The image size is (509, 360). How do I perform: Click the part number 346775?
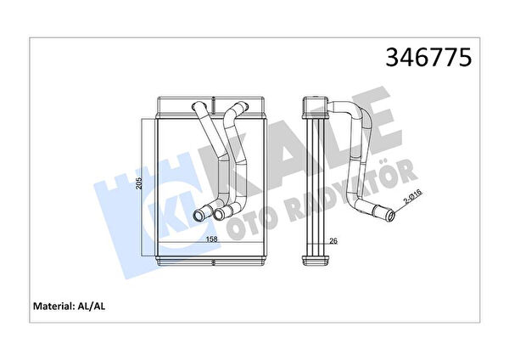point(428,57)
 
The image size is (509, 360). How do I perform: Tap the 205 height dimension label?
point(138,183)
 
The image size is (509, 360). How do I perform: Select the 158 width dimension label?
point(211,239)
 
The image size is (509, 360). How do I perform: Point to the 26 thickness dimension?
point(333,241)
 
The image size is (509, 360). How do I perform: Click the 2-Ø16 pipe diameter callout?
point(412,197)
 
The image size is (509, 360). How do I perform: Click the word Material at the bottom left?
point(53,306)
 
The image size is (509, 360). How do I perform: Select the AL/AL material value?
point(92,306)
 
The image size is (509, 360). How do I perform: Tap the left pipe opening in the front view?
point(199,215)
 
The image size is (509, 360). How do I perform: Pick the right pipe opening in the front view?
point(220,214)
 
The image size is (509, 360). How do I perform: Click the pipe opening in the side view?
point(391,216)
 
